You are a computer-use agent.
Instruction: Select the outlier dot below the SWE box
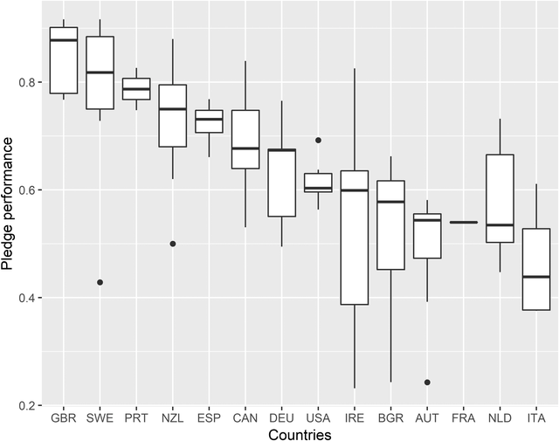pyautogui.click(x=100, y=282)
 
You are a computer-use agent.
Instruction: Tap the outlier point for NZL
pyautogui.click(x=172, y=244)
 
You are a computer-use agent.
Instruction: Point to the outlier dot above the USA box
pyautogui.click(x=318, y=140)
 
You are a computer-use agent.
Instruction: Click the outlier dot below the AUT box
pyautogui.click(x=427, y=382)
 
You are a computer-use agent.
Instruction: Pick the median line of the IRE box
pyautogui.click(x=355, y=190)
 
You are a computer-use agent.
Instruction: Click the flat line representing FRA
pyautogui.click(x=463, y=223)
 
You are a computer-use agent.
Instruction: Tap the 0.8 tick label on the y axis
pyautogui.click(x=31, y=82)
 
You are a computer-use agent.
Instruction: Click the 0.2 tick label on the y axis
pyautogui.click(x=31, y=406)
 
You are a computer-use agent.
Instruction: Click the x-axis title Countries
pyautogui.click(x=299, y=434)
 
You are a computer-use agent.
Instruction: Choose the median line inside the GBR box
pyautogui.click(x=63, y=40)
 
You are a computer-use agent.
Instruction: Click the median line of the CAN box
pyautogui.click(x=245, y=148)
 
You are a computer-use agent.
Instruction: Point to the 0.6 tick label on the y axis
pyautogui.click(x=31, y=189)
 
